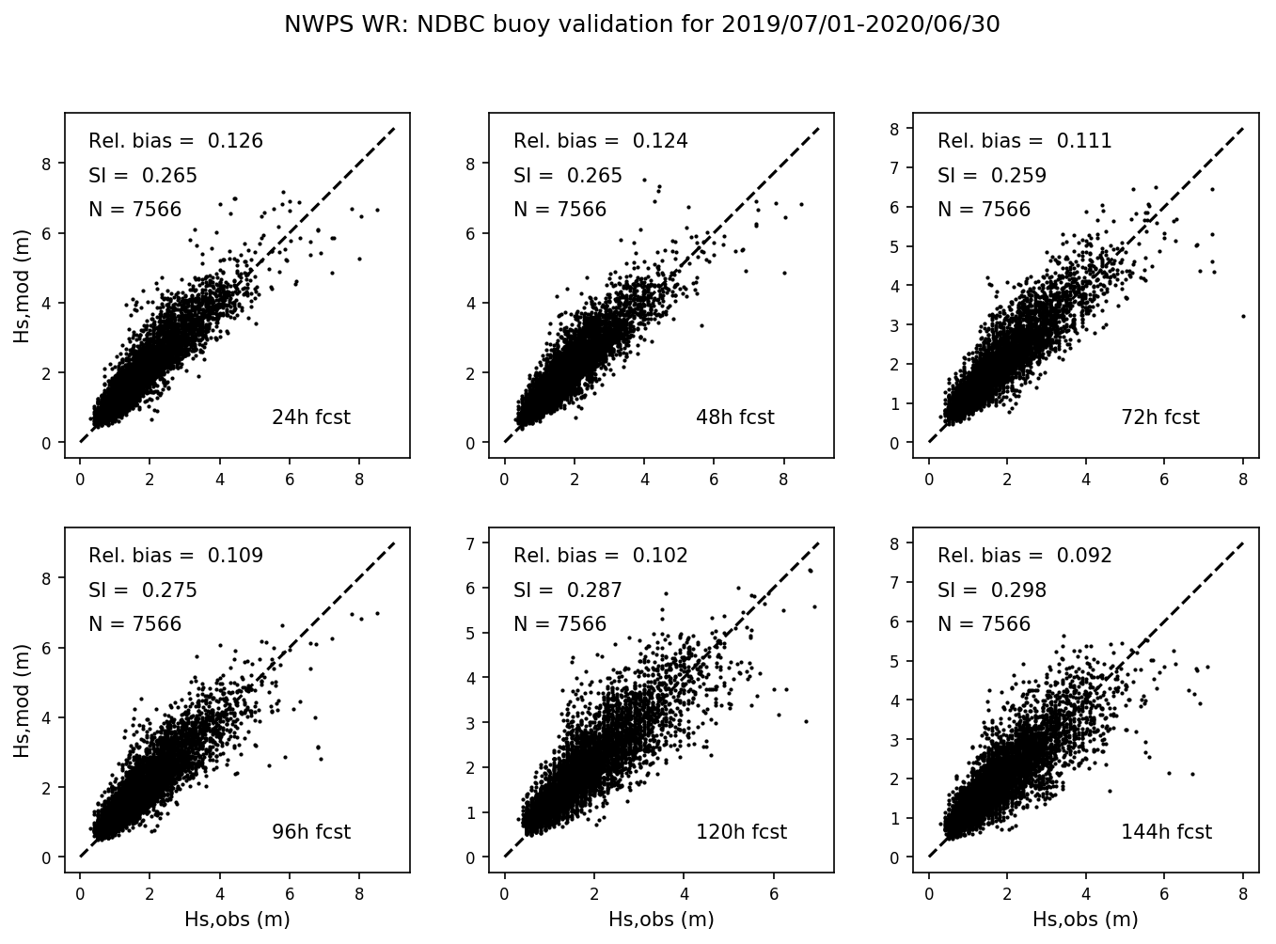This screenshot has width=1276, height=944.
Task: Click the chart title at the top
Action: pyautogui.click(x=641, y=24)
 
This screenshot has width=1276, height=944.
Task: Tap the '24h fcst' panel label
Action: pyautogui.click(x=310, y=417)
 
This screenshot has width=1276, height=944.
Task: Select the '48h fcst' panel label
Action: pyautogui.click(x=734, y=417)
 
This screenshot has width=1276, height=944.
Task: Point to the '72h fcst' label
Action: pyautogui.click(x=1159, y=417)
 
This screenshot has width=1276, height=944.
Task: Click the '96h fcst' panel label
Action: pyautogui.click(x=310, y=832)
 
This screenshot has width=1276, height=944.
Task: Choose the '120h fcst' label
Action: pyautogui.click(x=741, y=832)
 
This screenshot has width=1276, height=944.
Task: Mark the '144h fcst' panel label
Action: pyautogui.click(x=1166, y=832)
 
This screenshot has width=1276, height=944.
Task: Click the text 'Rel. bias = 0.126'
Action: pyautogui.click(x=176, y=141)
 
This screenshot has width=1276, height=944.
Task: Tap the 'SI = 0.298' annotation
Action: pyautogui.click(x=991, y=590)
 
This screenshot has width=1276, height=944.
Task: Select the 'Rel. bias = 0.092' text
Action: pyautogui.click(x=1024, y=556)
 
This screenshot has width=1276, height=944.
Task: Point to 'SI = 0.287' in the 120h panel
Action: pyautogui.click(x=567, y=590)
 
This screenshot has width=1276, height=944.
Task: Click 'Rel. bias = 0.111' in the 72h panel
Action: pyautogui.click(x=1024, y=141)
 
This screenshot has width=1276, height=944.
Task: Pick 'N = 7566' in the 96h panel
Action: pyautogui.click(x=134, y=624)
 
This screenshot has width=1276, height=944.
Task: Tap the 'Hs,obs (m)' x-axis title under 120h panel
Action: pyautogui.click(x=661, y=920)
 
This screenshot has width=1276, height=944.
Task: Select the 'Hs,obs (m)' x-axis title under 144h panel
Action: pyautogui.click(x=1085, y=920)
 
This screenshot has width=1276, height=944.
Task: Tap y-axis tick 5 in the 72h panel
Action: pyautogui.click(x=901, y=246)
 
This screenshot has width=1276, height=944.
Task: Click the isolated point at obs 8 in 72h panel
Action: pyautogui.click(x=1243, y=316)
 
